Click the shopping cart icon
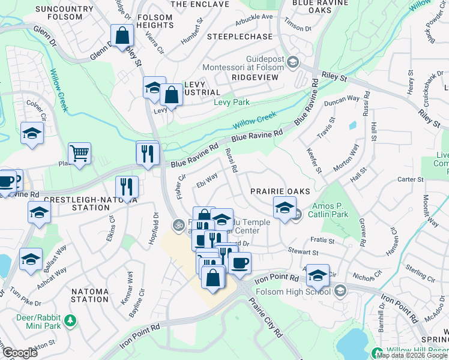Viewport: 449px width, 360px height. [x=79, y=153]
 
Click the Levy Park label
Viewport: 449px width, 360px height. [x=232, y=103]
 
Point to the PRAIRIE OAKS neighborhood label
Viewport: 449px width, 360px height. [x=280, y=191]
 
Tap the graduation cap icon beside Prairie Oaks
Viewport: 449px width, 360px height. [x=285, y=208]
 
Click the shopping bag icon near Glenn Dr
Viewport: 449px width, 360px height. [x=122, y=35]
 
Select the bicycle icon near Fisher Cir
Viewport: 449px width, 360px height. [x=178, y=226]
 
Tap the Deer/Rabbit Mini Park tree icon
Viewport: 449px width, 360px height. [x=71, y=320]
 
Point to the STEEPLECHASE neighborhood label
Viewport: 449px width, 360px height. [x=240, y=37]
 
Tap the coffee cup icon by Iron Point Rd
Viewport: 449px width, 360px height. [x=240, y=262]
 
